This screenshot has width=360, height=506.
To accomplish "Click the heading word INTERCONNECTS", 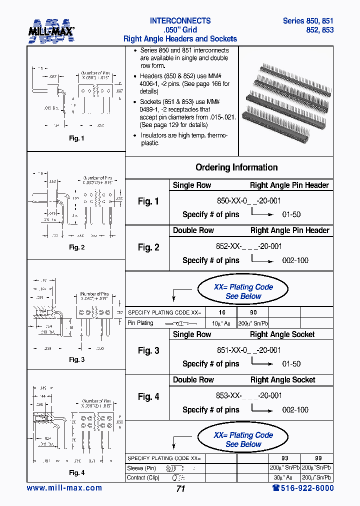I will point(180,21).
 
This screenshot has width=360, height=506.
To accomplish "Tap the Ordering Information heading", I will point(236,167).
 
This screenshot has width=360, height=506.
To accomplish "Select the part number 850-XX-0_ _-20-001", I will point(248,201).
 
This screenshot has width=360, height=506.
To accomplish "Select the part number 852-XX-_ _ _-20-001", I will point(249,246).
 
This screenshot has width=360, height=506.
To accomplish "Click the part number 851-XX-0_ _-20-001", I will point(248,350).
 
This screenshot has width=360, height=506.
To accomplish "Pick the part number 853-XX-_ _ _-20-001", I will point(249,395).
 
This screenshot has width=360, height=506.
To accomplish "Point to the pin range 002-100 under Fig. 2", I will point(295,260).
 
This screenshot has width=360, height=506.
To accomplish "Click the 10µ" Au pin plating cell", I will point(220,323).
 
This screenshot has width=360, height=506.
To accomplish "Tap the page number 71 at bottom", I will point(180,489).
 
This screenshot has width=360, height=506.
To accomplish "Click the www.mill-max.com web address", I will point(64,488).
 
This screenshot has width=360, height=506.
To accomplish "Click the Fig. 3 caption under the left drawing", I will point(76,359).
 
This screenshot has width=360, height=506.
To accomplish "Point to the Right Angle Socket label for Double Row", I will point(282,380).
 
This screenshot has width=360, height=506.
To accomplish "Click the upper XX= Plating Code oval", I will point(243,291).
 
